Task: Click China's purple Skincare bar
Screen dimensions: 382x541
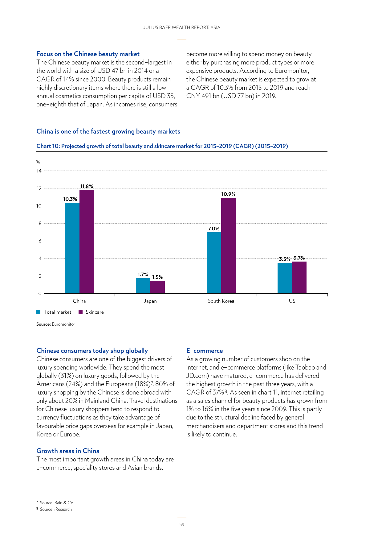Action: [87, 242]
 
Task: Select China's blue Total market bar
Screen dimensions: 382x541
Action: [72, 248]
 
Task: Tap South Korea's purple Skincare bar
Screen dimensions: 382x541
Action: [228, 246]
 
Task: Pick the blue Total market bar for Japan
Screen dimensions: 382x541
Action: [143, 286]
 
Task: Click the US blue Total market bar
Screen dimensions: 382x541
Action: [285, 278]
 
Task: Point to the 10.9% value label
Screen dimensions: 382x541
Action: [228, 194]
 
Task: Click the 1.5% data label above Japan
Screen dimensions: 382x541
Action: [157, 277]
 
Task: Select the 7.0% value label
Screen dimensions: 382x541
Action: [214, 229]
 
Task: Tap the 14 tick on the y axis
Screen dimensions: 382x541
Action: [39, 171]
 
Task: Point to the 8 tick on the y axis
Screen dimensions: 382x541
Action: [40, 223]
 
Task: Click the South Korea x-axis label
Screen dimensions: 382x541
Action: [221, 301]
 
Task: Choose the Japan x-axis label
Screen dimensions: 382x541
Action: [150, 301]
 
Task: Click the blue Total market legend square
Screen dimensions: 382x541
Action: [39, 312]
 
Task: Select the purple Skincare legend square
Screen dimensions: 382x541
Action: [81, 312]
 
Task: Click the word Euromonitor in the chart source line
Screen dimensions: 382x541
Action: [63, 324]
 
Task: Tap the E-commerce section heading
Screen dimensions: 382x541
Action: [205, 351]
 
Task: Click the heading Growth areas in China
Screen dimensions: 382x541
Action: [68, 451]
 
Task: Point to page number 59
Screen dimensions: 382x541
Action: [182, 525]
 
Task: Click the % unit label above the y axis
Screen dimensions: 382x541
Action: [38, 162]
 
